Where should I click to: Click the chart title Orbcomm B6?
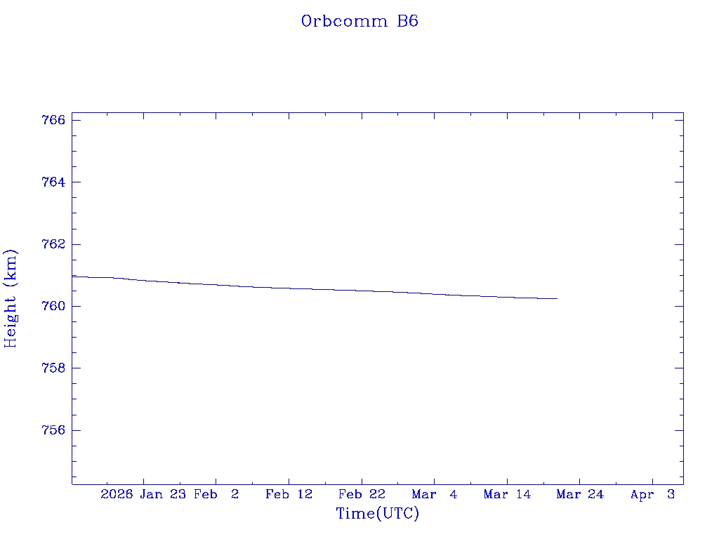(359, 21)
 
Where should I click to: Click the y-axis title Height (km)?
(11, 298)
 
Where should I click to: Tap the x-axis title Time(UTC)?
(377, 514)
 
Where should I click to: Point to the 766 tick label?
(54, 120)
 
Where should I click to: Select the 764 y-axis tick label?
(54, 182)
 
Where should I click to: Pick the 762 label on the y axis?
(54, 244)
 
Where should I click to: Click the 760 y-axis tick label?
(54, 307)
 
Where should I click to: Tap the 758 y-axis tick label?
(54, 368)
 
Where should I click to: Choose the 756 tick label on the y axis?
(54, 430)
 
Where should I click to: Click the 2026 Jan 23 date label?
(143, 495)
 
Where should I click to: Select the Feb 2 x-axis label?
(216, 495)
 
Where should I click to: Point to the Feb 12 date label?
(289, 495)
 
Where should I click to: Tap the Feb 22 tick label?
(362, 495)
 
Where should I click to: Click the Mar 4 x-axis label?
(435, 495)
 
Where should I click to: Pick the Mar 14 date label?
(507, 495)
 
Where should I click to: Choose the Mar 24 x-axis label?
(580, 495)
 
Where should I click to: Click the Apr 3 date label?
(652, 495)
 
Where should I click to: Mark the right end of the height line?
(557, 298)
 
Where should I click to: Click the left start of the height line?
(73, 277)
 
